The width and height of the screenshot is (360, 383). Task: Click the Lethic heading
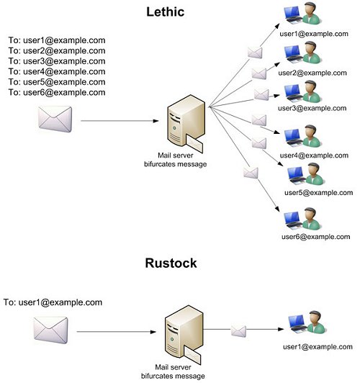coord(166,12)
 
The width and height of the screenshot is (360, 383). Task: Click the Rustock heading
coord(171,263)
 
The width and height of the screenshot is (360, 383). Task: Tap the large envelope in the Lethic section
coord(55,119)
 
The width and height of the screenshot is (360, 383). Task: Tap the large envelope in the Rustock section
coord(51,330)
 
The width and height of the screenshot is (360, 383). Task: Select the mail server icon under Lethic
coord(186,124)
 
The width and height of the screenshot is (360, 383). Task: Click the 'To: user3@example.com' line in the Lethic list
coord(57,61)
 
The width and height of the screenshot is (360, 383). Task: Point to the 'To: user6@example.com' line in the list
coord(57,92)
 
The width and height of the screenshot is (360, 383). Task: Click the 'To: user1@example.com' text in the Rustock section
coord(53,302)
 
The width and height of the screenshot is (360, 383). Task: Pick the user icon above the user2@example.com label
coord(302,53)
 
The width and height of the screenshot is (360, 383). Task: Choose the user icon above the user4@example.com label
coord(302,136)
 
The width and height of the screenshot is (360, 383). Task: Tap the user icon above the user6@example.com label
coord(302,219)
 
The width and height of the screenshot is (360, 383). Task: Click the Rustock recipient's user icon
coord(307,323)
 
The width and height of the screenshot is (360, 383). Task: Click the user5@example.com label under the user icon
coord(318,193)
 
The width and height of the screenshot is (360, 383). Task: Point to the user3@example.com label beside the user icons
coord(312,108)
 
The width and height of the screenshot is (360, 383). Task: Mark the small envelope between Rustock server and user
coord(238,331)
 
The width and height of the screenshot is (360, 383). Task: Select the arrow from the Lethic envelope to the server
coord(120,121)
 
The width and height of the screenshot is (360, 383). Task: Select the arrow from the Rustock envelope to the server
coord(117,332)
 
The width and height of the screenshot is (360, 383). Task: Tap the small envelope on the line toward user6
coord(251,173)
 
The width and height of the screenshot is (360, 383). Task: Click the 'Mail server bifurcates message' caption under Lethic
coord(176,160)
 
